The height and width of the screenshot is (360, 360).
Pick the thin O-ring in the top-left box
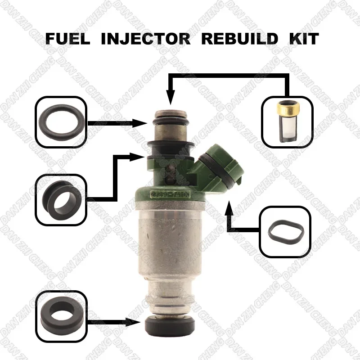pos(59,121)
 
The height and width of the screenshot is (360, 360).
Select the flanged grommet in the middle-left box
pos(60,199)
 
